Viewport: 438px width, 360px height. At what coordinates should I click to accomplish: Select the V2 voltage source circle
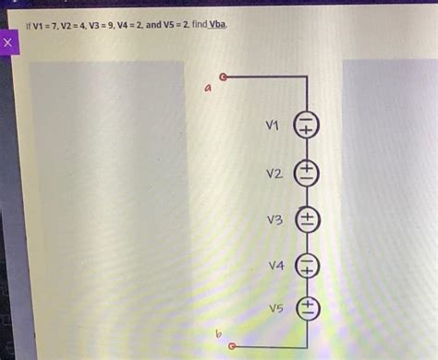coord(306,173)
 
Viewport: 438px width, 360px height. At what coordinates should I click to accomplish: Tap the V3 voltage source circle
coord(306,220)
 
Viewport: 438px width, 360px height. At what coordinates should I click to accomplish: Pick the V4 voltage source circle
coord(306,266)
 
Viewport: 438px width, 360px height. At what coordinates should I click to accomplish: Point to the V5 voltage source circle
coord(306,308)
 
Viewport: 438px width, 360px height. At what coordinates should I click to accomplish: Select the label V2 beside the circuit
coord(273,173)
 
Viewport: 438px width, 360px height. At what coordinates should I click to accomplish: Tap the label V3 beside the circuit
coord(273,220)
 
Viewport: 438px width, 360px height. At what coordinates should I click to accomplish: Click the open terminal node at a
coord(222,78)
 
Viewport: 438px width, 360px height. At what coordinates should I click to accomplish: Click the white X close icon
coord(9,43)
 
